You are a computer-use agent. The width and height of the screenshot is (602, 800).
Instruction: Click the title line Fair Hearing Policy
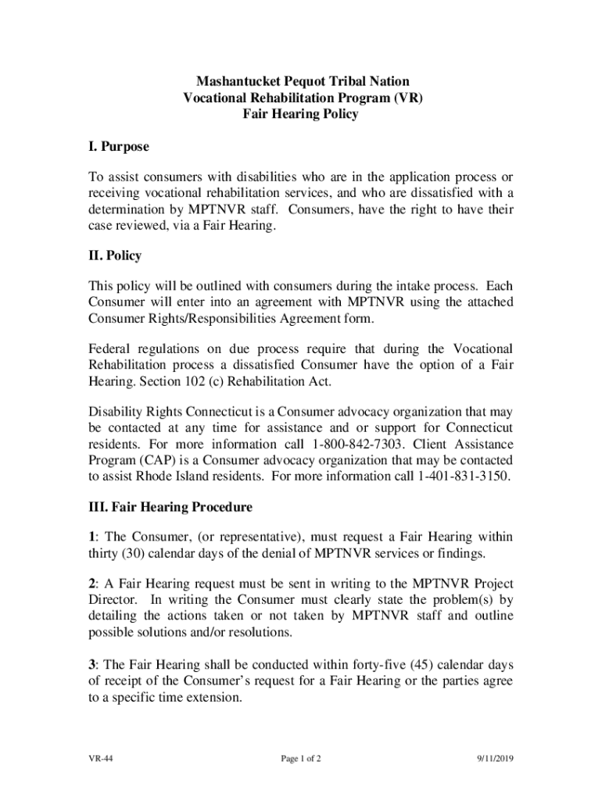(x=301, y=114)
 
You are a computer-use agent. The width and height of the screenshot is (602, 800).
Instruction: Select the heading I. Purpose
(x=117, y=147)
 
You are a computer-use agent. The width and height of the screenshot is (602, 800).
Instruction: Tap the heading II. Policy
(x=114, y=256)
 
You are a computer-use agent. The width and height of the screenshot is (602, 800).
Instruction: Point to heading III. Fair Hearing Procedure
(x=170, y=508)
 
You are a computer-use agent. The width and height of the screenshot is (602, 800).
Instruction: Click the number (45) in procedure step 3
(x=397, y=665)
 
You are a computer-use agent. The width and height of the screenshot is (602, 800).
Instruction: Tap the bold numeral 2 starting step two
(x=91, y=584)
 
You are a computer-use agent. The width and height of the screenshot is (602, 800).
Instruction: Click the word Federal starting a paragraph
(x=110, y=349)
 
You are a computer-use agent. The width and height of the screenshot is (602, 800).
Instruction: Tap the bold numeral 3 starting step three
(x=91, y=665)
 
